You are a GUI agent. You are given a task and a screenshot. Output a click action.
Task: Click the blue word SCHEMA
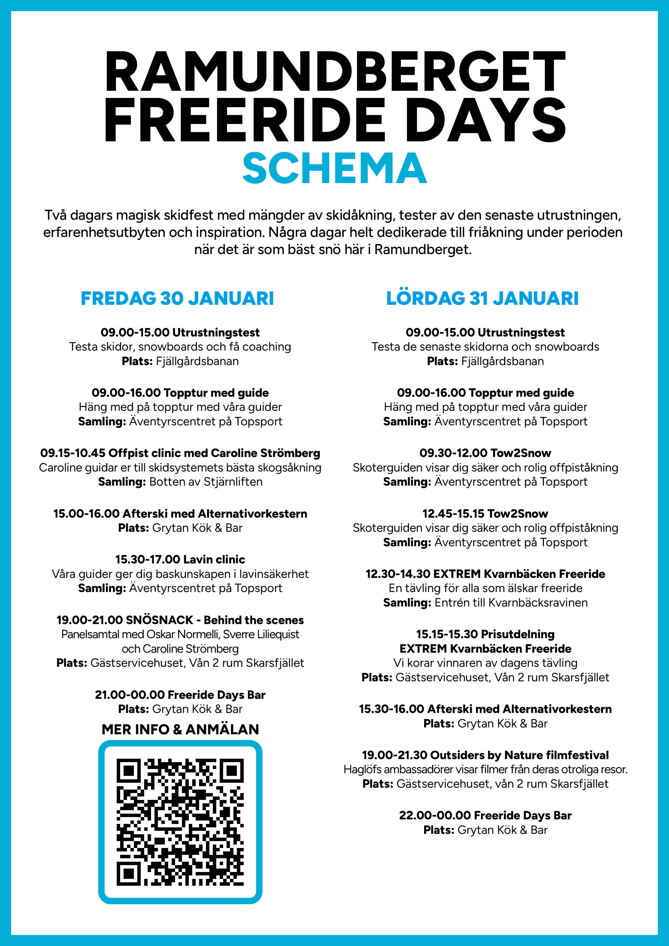[x=334, y=168]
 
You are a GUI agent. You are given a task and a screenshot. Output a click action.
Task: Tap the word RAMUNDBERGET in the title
[x=334, y=71]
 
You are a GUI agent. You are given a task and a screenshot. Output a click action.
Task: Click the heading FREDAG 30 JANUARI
[x=177, y=298]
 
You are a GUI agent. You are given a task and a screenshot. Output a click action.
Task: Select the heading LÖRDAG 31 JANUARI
[x=482, y=298]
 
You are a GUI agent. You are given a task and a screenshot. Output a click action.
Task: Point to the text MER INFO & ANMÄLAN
[x=180, y=729]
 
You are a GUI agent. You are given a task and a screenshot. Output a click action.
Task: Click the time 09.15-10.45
[x=72, y=453]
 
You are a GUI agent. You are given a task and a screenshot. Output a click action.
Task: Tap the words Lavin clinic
[x=214, y=559]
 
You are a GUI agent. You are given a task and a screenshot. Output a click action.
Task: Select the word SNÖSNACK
[x=159, y=620]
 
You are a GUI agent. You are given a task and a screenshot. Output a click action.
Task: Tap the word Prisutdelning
[x=518, y=634]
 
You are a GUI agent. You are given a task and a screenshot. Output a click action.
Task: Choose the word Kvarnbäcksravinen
[x=538, y=603]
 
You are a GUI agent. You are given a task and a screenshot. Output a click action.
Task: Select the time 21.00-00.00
[x=130, y=695]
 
